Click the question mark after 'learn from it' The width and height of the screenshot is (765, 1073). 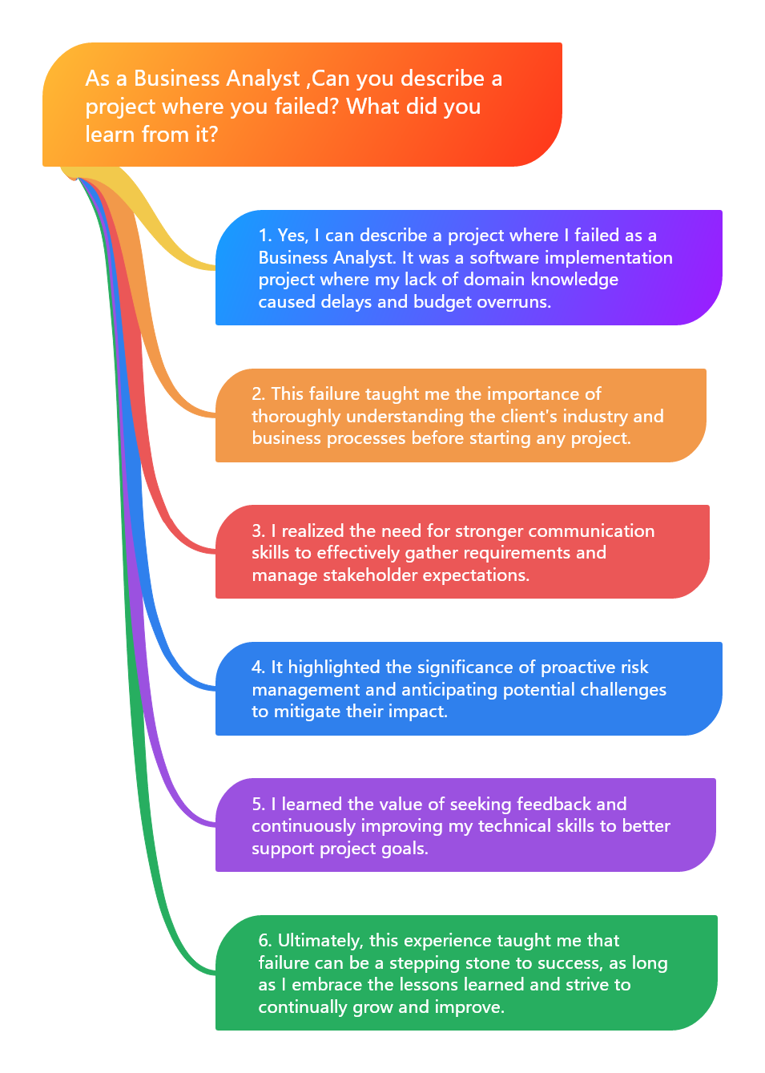212,134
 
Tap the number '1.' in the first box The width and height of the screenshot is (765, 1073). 265,236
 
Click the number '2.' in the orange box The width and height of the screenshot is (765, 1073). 259,394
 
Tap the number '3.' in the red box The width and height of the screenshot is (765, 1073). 259,531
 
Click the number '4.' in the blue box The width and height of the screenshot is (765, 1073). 259,668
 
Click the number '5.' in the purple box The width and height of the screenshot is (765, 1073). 259,805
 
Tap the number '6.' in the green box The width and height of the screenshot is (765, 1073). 265,941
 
